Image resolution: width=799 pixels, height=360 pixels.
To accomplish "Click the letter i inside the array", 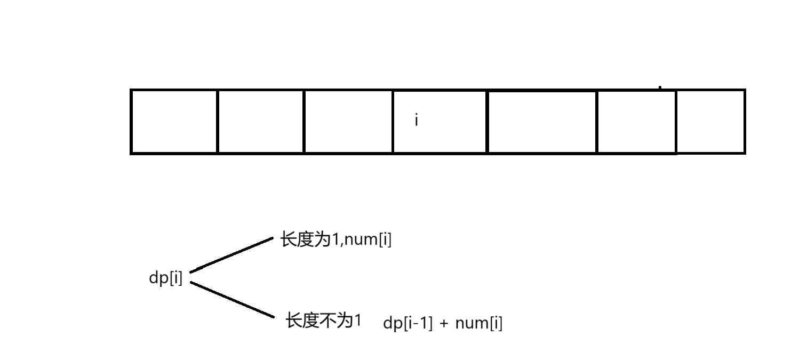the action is tap(417, 121).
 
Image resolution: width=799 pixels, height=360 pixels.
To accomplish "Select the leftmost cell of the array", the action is tap(174, 122).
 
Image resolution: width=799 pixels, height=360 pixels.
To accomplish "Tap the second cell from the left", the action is tap(260, 122).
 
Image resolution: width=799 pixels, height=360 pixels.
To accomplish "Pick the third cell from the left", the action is tap(348, 122).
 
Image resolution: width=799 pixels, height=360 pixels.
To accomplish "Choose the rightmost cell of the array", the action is tap(710, 122).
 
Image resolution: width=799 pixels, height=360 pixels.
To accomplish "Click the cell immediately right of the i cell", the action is tap(541, 122).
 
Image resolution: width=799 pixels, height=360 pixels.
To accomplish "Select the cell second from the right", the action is tap(636, 122).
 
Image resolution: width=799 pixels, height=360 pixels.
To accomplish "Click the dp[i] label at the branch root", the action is tap(165, 278).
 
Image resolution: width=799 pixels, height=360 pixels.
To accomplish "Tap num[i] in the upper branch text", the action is tap(368, 240).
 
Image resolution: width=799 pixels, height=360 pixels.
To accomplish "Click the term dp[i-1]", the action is tap(408, 323).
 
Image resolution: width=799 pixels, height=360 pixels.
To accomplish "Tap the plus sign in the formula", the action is tap(444, 324).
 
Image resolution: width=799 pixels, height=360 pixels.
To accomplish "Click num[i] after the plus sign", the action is tap(478, 323).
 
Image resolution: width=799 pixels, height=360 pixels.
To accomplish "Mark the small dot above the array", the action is tap(660, 87).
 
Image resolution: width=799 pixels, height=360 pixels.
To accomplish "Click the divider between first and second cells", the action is tap(218, 122).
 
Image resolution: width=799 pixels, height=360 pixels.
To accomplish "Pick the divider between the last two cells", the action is tap(676, 122).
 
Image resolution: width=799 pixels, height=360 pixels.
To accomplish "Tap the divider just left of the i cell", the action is tap(393, 122).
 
